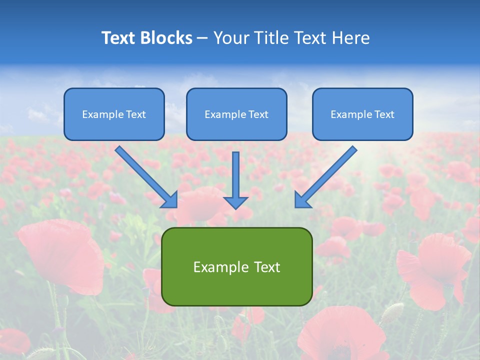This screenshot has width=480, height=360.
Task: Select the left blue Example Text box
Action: tap(114, 114)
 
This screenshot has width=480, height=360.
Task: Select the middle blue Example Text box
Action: tap(236, 114)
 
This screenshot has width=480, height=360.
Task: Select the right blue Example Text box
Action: tap(362, 114)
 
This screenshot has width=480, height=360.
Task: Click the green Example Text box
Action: tap(236, 267)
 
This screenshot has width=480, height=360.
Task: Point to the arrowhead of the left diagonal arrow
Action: tap(170, 200)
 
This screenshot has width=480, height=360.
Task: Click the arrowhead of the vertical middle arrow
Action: tap(235, 202)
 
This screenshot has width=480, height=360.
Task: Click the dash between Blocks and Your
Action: tap(202, 38)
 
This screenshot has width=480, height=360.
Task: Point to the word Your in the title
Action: tap(230, 38)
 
